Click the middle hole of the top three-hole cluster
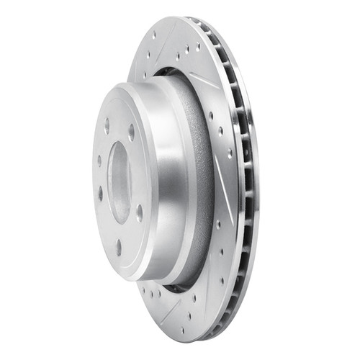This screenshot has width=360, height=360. point(186,51)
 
